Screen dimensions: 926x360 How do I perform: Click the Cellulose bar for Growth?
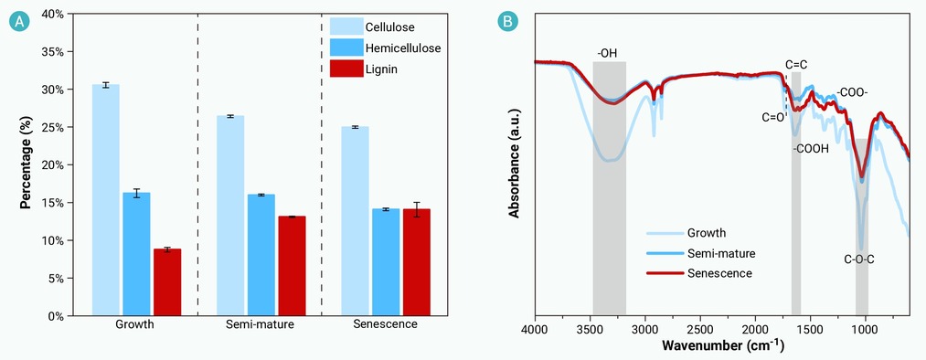coord(106,200)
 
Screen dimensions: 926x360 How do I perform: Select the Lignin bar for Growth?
coord(167,282)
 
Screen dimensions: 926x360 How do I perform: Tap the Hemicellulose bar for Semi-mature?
coord(261,255)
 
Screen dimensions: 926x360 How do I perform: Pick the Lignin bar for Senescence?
coord(416,262)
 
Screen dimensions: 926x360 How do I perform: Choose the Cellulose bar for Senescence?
coord(355,221)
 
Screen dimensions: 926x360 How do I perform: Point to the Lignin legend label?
coord(381,69)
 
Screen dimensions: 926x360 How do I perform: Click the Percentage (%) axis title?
coord(26,164)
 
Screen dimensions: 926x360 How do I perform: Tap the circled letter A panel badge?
coord(19,23)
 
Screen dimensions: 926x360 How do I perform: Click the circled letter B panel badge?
coord(507,23)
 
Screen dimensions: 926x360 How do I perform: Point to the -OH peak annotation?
coord(607,53)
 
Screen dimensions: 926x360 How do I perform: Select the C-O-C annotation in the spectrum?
coord(858,259)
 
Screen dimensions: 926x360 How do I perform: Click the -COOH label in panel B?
coord(811,149)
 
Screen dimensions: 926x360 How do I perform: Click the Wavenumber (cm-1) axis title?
coord(723,344)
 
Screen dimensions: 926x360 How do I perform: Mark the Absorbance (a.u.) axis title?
coord(515,164)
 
